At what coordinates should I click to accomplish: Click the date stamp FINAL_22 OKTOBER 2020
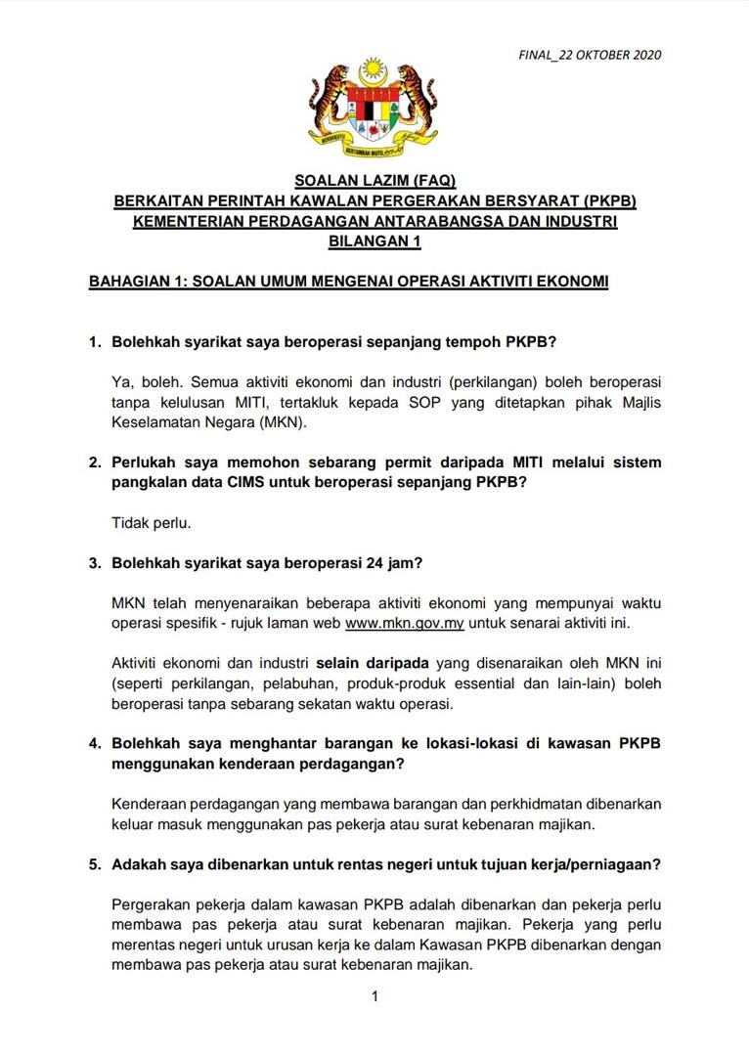590,55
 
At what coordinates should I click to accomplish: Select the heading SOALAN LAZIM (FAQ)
374,182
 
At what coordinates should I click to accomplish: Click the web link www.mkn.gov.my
405,623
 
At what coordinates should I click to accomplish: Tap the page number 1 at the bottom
374,996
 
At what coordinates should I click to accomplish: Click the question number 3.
95,563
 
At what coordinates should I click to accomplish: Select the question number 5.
95,864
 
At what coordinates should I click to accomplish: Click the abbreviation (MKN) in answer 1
280,422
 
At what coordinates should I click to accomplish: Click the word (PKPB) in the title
607,202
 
